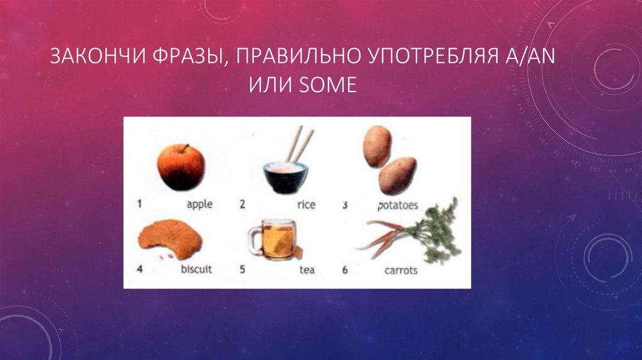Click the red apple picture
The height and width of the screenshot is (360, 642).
coord(180,166)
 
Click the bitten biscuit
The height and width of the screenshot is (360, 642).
coord(171,241)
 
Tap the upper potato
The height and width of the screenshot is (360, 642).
coord(377,146)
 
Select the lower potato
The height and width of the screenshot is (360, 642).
coord(397,175)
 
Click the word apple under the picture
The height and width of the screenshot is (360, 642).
coord(199,204)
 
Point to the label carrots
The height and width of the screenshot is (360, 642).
coord(400,270)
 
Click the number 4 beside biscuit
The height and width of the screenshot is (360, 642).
coord(140,270)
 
